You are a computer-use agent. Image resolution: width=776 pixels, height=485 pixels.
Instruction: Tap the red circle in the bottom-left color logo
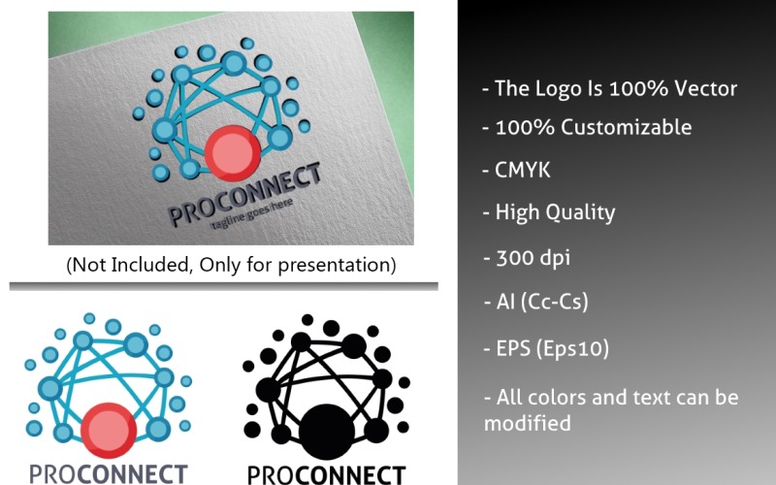(x=107, y=430)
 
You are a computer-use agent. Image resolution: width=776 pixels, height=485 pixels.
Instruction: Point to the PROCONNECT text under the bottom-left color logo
(x=108, y=474)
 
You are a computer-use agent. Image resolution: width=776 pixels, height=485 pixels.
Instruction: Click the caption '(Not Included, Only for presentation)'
(x=231, y=264)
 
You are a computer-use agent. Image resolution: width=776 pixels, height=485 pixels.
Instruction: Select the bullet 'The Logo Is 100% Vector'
(x=609, y=89)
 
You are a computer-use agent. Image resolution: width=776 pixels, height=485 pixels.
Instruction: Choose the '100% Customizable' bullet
(x=587, y=127)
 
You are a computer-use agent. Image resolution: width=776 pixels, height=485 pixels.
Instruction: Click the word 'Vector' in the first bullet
(x=705, y=89)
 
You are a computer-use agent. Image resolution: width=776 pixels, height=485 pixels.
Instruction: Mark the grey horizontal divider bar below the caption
(x=223, y=286)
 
